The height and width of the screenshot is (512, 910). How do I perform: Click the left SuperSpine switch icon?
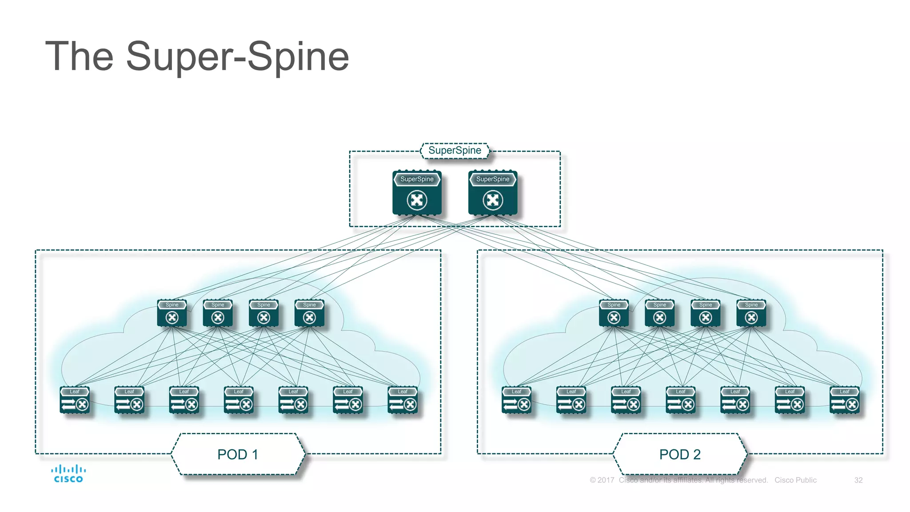[417, 193]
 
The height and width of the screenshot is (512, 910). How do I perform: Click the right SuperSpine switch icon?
[493, 193]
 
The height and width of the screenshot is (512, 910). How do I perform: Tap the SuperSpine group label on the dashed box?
[455, 151]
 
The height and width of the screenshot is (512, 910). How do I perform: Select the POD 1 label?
[238, 454]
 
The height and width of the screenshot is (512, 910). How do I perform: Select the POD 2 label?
[680, 454]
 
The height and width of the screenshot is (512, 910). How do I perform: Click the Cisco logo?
[68, 474]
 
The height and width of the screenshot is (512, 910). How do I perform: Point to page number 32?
[858, 480]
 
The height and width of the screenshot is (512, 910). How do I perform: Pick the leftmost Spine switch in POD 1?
[172, 313]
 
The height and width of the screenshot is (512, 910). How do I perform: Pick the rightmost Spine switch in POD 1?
[309, 313]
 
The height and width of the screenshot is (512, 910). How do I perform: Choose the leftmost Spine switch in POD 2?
[614, 313]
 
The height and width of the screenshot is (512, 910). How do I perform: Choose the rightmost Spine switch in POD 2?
[751, 313]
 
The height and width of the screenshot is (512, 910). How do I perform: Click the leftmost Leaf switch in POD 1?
[75, 400]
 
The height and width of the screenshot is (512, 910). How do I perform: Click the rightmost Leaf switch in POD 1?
[403, 400]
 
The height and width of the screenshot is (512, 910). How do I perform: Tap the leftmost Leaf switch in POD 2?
[516, 400]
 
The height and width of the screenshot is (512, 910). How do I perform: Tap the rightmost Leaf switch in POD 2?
[844, 400]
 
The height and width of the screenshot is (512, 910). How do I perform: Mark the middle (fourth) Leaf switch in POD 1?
[239, 400]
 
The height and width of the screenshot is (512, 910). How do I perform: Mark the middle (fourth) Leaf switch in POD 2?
[680, 400]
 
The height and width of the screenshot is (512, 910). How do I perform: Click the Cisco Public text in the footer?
[795, 480]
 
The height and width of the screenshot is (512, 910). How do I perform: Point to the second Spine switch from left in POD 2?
[659, 313]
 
